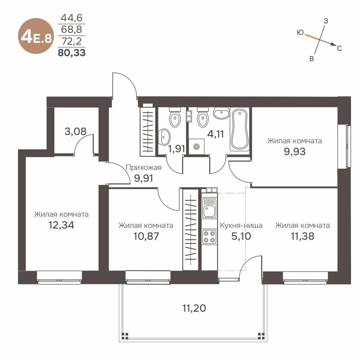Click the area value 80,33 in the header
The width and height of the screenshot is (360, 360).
(72, 53)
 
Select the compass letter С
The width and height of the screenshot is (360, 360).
(339, 48)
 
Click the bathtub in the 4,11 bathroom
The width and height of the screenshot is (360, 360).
(239, 130)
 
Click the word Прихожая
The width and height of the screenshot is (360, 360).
(143, 167)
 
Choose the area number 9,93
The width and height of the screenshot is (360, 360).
(294, 152)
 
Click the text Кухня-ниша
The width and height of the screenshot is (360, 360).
(241, 226)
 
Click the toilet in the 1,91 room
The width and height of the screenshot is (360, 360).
(175, 117)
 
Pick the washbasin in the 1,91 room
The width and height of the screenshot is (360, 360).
(165, 136)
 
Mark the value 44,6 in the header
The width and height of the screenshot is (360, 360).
(71, 18)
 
